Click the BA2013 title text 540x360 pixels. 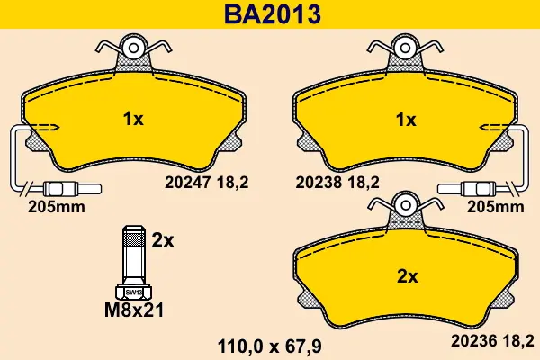(273, 14)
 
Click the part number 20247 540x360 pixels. (187, 183)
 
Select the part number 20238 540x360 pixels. (319, 183)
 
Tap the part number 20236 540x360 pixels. (473, 341)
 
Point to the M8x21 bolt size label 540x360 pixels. (134, 310)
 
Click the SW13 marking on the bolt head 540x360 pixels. (133, 292)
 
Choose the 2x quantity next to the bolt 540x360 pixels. (163, 241)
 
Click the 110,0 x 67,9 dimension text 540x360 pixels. (270, 346)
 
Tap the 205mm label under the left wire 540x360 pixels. (57, 207)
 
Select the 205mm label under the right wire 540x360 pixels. (496, 207)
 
